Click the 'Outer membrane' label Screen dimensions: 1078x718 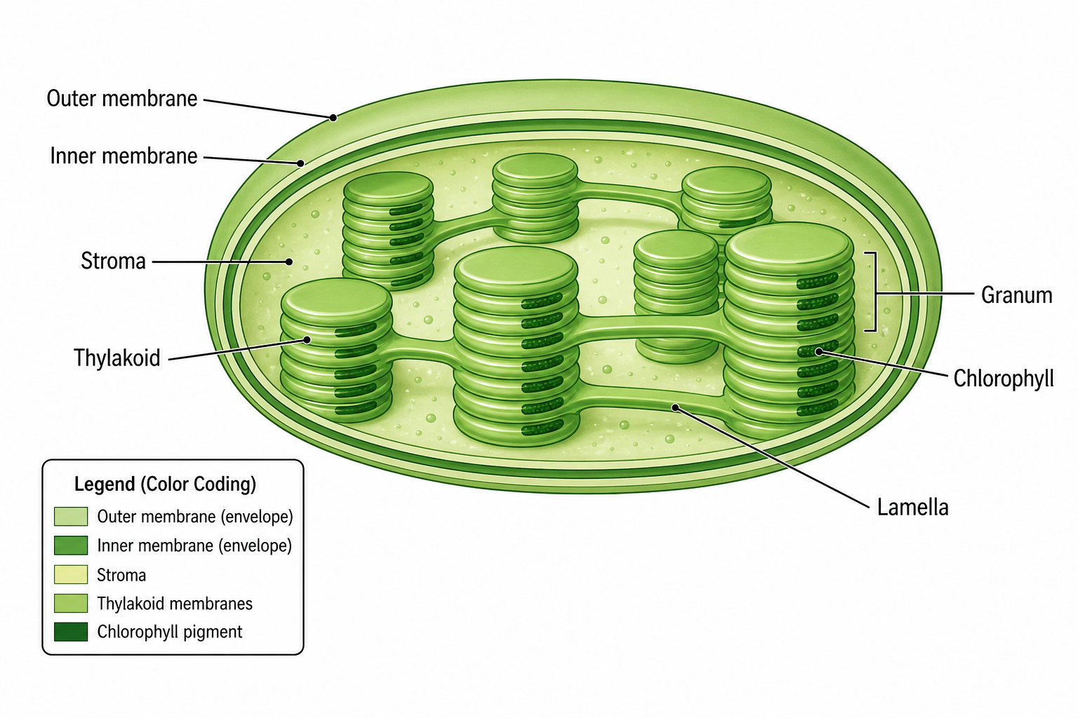tap(121, 99)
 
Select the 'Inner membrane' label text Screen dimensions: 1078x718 tap(124, 156)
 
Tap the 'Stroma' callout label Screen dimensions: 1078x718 tap(113, 261)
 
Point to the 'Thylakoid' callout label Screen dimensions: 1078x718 tap(117, 358)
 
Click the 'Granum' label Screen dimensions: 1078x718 tap(1016, 295)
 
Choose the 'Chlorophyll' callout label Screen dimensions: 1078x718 tap(1004, 379)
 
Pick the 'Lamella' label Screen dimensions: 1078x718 tap(912, 508)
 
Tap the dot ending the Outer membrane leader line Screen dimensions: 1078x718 tap(333, 117)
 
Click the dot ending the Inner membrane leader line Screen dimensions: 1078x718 tap(300, 163)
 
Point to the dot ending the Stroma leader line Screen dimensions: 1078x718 tap(288, 262)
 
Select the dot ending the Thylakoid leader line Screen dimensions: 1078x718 tap(307, 340)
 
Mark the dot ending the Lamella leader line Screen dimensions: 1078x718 tap(676, 408)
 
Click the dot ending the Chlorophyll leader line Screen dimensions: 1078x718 tap(818, 351)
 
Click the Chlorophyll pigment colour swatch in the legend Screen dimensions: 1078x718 tap(71, 632)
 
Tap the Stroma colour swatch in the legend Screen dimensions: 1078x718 tap(71, 575)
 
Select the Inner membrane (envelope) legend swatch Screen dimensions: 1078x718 tap(71, 546)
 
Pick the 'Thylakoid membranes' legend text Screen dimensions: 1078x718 tap(175, 604)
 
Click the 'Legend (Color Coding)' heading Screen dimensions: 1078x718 tap(165, 485)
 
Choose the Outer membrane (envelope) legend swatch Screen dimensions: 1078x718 tap(71, 517)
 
